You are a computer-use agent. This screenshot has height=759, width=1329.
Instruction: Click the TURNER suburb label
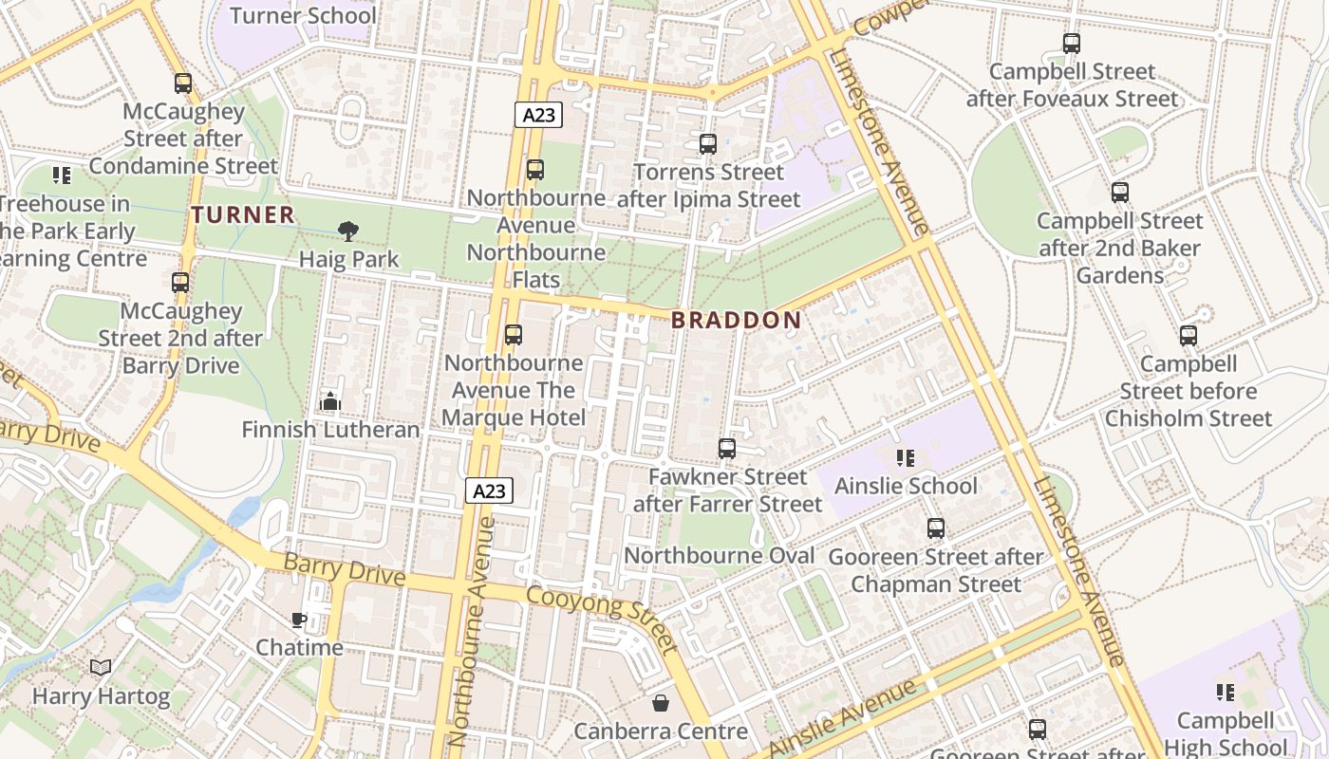(243, 215)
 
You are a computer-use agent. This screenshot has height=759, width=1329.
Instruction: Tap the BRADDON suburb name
(736, 321)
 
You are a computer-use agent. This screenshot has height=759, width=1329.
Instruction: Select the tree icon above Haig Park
(348, 231)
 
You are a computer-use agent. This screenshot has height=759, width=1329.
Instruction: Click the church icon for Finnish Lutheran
(330, 401)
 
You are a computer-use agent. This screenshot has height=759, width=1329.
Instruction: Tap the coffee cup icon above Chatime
(299, 620)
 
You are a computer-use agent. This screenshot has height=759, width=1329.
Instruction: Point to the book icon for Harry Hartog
(101, 668)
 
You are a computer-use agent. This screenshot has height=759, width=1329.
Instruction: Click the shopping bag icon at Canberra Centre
(661, 703)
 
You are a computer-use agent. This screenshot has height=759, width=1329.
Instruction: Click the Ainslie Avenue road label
(842, 718)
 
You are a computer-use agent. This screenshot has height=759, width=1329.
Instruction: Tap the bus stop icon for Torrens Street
(708, 144)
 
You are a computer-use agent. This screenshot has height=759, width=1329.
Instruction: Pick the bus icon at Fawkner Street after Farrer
(727, 449)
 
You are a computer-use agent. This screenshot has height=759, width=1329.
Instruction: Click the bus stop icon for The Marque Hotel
(514, 335)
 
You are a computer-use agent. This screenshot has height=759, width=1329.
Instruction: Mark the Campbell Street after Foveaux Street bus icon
(1072, 44)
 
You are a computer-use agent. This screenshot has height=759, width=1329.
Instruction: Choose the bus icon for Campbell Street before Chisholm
(1189, 336)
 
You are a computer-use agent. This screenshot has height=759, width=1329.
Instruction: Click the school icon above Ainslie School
(905, 458)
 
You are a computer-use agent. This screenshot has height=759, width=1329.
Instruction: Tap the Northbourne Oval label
(720, 556)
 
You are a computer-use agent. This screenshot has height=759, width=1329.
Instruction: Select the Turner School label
(303, 16)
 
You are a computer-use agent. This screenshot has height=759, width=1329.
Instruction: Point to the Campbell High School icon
(1226, 693)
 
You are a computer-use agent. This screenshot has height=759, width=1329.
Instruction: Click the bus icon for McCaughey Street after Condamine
(183, 83)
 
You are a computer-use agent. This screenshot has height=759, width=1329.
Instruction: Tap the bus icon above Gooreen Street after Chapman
(936, 528)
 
